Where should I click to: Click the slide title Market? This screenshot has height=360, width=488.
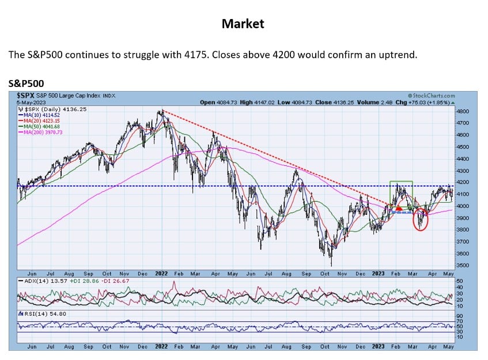coord(243,24)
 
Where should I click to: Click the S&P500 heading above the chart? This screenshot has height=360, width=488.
coord(26,84)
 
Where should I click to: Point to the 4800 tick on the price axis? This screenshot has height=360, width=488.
coord(462,111)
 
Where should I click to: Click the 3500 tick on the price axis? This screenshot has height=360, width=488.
coord(462,266)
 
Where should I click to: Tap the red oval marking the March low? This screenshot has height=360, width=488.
coord(421,220)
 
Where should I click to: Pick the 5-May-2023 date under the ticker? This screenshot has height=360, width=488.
coord(31,102)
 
